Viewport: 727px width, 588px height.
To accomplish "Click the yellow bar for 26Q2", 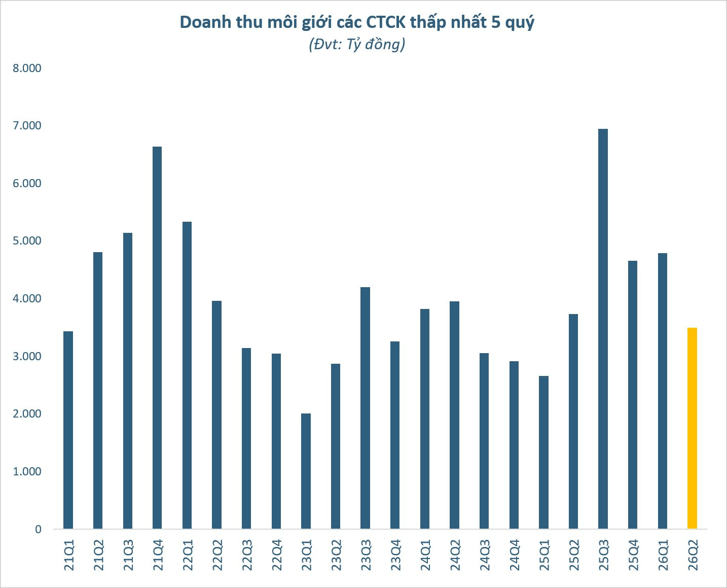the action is coord(692,428).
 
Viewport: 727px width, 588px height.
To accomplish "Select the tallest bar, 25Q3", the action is coord(603,329).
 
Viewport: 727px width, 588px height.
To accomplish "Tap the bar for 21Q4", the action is coord(157,338).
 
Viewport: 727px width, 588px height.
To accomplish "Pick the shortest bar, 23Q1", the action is coord(306,471).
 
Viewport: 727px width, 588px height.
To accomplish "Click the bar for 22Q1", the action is coord(187,375).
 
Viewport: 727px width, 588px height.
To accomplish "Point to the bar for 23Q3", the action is coord(365,408).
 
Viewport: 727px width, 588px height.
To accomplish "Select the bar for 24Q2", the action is coord(454,415).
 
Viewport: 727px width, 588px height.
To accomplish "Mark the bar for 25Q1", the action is coord(543,453).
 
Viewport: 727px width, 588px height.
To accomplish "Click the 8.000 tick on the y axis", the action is coord(27,68).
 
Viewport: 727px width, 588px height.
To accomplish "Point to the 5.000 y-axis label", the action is coord(27,241).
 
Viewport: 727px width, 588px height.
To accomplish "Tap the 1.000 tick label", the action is coord(27,471).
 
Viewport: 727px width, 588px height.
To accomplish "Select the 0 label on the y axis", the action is coord(38,529).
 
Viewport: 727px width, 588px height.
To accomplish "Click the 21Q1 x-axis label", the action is coord(68,555).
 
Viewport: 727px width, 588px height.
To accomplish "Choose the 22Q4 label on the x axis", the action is coord(276,555).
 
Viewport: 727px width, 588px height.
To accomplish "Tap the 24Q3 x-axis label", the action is coord(484,555).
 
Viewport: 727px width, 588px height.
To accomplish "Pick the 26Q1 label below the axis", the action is coord(663,555).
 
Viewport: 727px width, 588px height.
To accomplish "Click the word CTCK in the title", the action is coord(386,22).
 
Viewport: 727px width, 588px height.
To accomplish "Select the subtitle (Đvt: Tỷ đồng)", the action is coord(357,44).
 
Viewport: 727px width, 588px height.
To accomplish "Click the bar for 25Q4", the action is coord(633,395).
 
